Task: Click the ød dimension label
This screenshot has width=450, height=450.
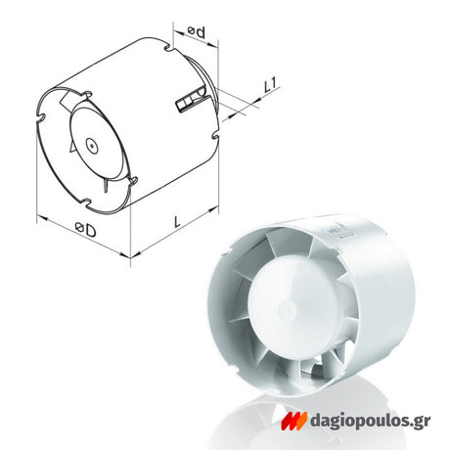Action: point(197,31)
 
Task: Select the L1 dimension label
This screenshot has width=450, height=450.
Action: point(270,85)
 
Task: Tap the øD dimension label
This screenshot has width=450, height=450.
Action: point(85,229)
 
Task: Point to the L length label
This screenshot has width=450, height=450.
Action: point(177,222)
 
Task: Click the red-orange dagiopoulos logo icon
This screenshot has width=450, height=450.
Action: point(293,421)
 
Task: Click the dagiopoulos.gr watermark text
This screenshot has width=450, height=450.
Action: point(370,421)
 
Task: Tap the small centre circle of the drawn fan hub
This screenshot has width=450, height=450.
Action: point(92,146)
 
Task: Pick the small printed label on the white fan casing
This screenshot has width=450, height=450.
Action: point(334,230)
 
